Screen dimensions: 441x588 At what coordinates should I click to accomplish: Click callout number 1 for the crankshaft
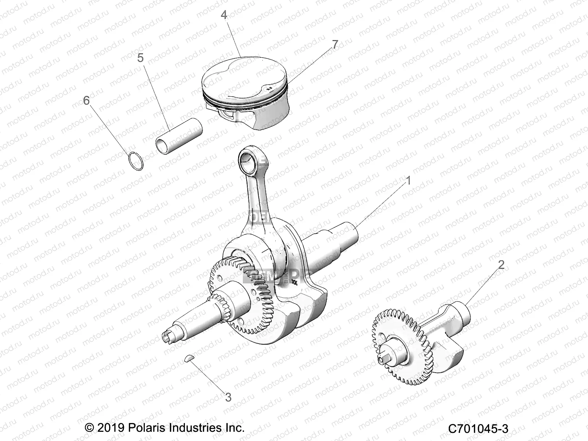[x=408, y=181]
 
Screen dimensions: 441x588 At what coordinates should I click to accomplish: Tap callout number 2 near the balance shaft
[x=501, y=265]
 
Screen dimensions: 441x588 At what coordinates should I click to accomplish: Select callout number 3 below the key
[x=228, y=397]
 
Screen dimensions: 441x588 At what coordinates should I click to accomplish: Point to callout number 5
[x=140, y=58]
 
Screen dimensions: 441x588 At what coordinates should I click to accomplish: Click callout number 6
[x=86, y=100]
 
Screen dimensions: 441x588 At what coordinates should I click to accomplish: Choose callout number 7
[x=334, y=44]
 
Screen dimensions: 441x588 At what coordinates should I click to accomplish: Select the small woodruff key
[x=188, y=359]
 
